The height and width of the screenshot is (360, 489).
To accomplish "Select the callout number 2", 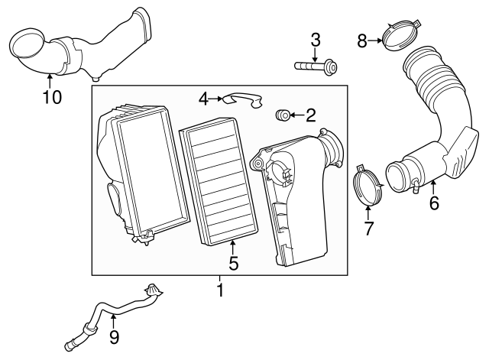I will click(x=309, y=116).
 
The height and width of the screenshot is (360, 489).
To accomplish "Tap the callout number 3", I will click(x=314, y=41).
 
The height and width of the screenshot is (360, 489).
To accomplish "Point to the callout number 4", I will click(x=203, y=99).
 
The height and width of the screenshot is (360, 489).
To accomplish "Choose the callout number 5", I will click(x=233, y=264).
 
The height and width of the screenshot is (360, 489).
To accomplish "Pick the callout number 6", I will click(x=433, y=203).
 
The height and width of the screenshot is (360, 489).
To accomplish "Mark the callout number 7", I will click(x=368, y=228).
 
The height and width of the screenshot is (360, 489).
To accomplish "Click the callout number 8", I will click(x=362, y=41).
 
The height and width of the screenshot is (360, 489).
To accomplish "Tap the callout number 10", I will click(x=50, y=97).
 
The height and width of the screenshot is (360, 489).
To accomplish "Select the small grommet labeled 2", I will click(x=283, y=115).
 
